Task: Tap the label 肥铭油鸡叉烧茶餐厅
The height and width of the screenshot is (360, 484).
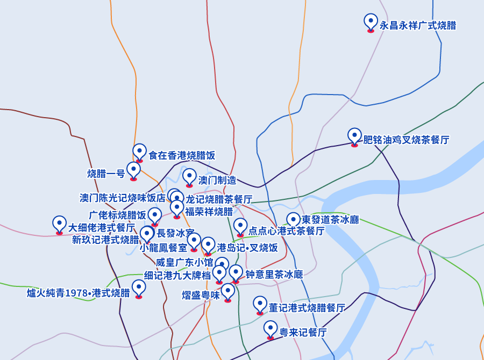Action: pyautogui.click(x=406, y=140)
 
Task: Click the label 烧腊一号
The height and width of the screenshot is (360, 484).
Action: pyautogui.click(x=106, y=174)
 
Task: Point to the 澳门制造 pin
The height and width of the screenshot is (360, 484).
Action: pyautogui.click(x=189, y=177)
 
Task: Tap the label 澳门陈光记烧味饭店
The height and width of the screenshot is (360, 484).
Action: pyautogui.click(x=123, y=198)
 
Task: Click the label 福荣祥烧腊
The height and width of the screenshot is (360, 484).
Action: pyautogui.click(x=209, y=211)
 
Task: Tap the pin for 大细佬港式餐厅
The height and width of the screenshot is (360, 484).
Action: pyautogui.click(x=60, y=225)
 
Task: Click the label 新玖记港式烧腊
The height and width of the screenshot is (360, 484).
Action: pyautogui.click(x=105, y=240)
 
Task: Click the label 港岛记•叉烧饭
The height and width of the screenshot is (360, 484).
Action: pyautogui.click(x=247, y=248)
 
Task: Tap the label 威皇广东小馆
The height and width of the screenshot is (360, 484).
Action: pyautogui.click(x=184, y=263)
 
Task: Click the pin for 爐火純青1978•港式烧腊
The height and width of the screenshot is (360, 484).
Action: pyautogui.click(x=139, y=289)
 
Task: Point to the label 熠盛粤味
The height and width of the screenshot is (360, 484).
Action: pyautogui.click(x=201, y=295)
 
